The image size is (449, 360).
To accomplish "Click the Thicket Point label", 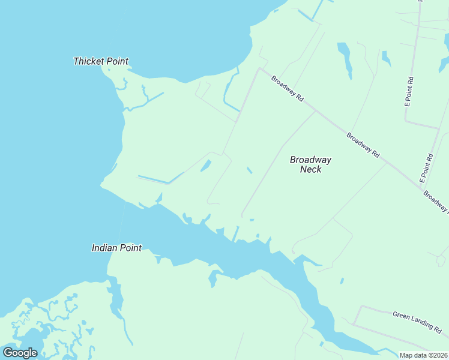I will click(100, 61).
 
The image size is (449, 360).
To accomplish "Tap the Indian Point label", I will click(116, 247).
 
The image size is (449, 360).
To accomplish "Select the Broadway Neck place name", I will click(310, 164).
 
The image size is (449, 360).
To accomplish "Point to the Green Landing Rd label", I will click(417, 322).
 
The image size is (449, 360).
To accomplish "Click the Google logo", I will click(20, 353).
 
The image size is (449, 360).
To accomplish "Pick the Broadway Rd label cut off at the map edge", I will click(436, 201).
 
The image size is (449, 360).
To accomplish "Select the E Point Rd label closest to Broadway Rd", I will click(426, 169).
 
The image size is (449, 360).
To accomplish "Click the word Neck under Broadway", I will click(310, 170).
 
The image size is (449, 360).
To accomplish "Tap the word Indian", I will click(103, 247).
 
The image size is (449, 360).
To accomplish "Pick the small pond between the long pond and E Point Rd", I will click(386, 59).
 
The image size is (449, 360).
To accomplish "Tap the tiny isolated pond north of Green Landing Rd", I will click(342, 280).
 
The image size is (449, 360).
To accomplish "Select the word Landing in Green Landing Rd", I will click(420, 323).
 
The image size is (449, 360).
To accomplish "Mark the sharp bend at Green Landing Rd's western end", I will click(361, 307).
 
